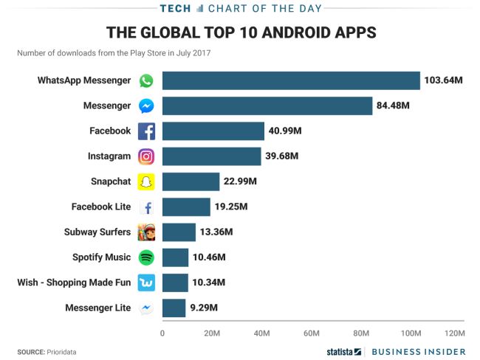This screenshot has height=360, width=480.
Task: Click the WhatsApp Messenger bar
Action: click(291, 80)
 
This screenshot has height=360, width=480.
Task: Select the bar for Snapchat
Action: click(191, 181)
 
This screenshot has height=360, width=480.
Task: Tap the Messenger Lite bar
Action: click(174, 308)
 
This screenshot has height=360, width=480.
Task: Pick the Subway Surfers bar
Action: click(179, 232)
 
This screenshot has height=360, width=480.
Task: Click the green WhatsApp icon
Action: click(146, 80)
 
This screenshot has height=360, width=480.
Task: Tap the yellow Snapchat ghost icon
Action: click(146, 182)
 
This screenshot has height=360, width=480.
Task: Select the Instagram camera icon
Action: click(146, 156)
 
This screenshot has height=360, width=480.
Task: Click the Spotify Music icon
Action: click(146, 257)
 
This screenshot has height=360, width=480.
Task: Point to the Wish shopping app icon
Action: click(146, 283)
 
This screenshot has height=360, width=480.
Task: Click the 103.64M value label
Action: click(444, 80)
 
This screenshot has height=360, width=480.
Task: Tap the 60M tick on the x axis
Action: click(311, 333)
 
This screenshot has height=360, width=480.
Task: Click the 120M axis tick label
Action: click(455, 333)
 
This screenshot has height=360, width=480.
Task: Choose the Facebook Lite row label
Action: click(101, 207)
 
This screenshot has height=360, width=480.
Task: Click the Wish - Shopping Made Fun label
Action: click(74, 283)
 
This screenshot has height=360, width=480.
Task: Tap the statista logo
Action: click(344, 351)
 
